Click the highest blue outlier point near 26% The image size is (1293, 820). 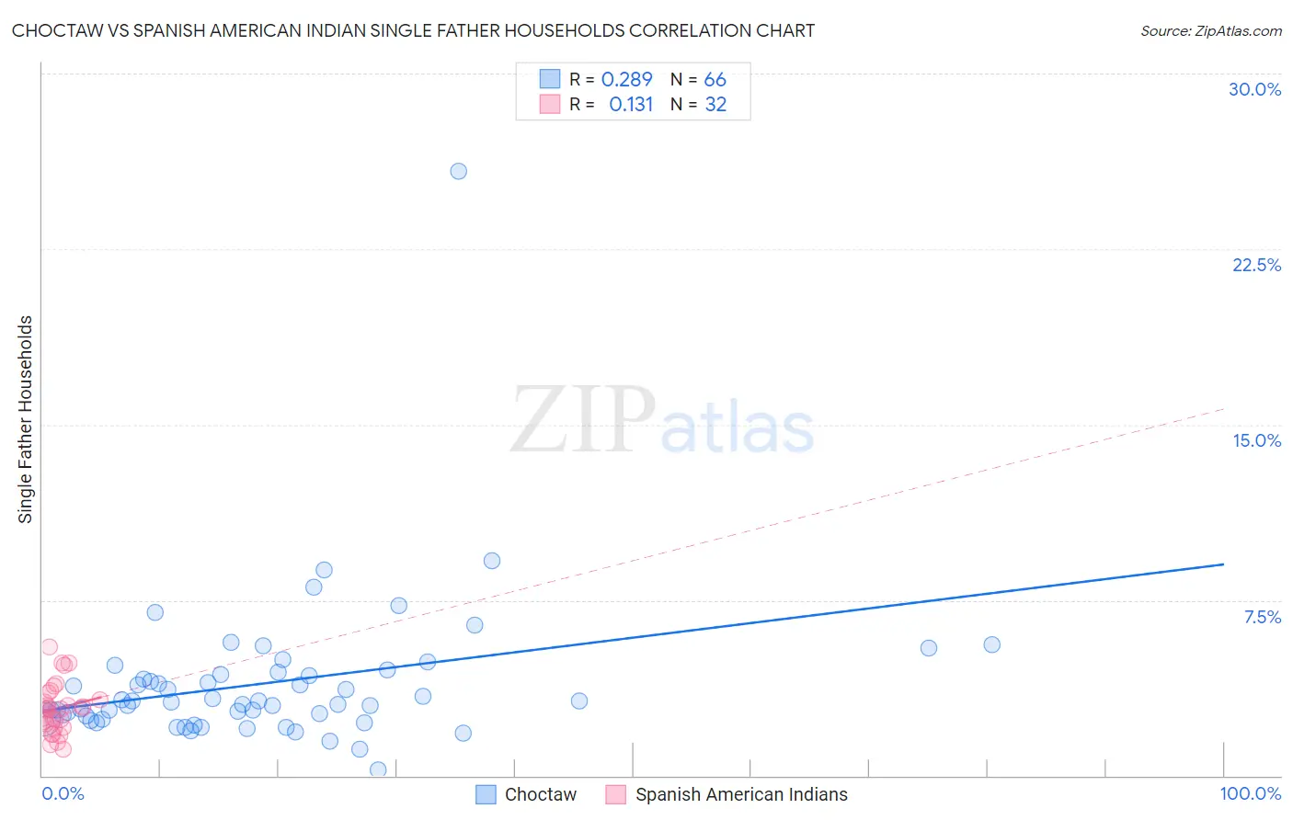pos(458,171)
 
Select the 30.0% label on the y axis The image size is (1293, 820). pos(1254,89)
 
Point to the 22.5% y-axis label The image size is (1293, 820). pos(1256,265)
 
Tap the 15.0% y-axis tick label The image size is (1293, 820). pos(1256,440)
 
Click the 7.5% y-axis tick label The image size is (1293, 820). pos(1262,617)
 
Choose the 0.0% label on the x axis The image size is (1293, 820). pos(63,793)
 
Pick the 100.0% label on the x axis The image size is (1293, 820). pos(1250,793)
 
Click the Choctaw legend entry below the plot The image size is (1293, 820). pos(540,794)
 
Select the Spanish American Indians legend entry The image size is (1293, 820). pos(741,794)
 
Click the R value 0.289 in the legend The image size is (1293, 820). pos(626,80)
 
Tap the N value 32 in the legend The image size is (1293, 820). pos(715,105)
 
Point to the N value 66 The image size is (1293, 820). pos(715,80)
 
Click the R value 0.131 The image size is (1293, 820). pos(631,105)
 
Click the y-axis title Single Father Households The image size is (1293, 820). pos(26,419)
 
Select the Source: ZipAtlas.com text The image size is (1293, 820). pos(1210,30)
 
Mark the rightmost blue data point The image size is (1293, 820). pos(991,644)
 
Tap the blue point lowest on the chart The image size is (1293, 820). pos(377,769)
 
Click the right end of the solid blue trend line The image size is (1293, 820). pos(1223,564)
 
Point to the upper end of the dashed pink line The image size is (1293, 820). pos(1223,408)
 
